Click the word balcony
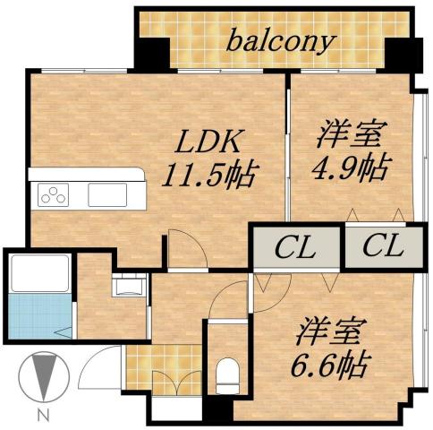[280, 41]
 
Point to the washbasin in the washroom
[127, 287]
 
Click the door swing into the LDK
[186, 249]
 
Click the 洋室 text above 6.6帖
[332, 331]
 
